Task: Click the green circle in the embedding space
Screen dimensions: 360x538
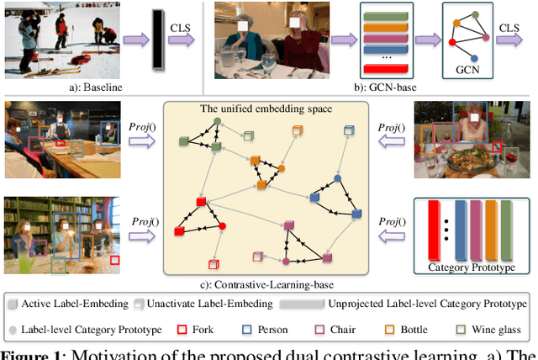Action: click(x=217, y=123)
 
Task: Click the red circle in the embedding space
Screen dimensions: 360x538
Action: click(x=222, y=227)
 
